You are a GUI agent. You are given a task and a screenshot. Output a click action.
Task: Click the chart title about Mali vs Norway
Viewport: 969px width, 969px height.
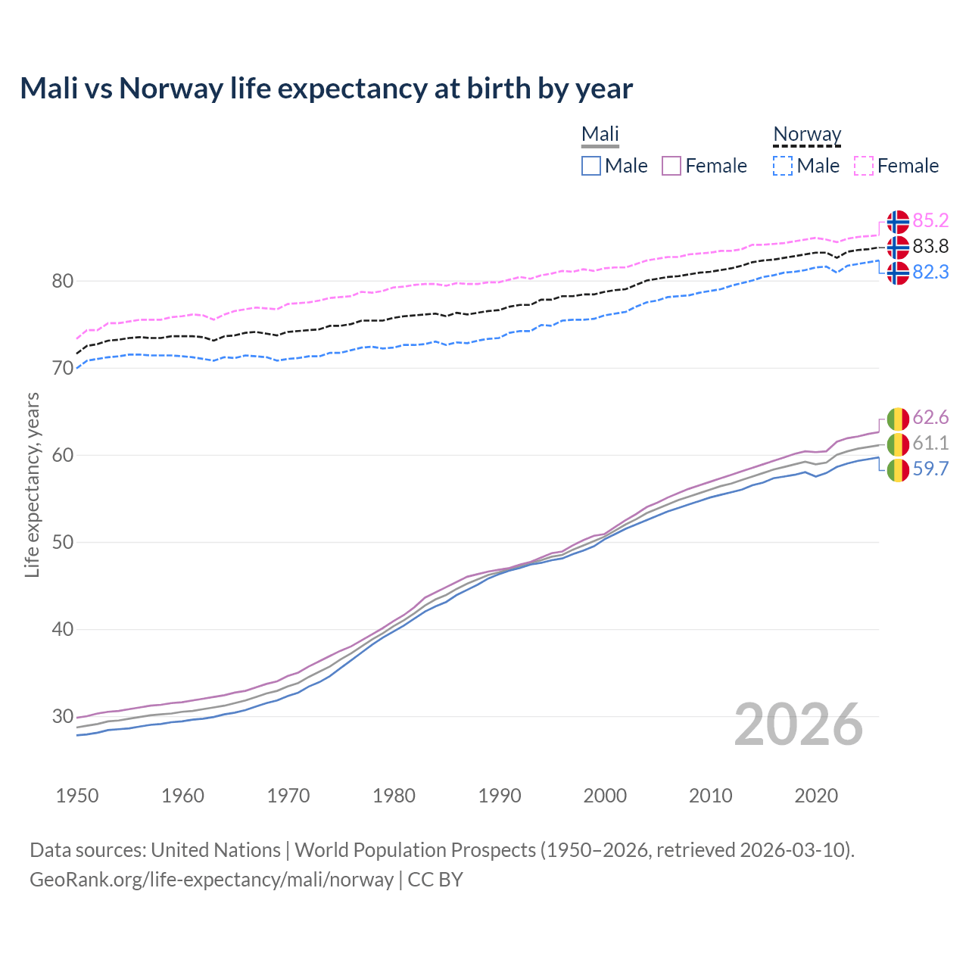pos(326,89)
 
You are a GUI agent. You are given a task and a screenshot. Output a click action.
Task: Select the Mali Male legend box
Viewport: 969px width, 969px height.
pos(591,166)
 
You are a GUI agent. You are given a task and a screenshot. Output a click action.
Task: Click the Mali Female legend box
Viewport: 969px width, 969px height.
pos(671,166)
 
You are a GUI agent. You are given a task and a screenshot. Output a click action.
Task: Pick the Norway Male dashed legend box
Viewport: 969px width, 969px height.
pos(783,166)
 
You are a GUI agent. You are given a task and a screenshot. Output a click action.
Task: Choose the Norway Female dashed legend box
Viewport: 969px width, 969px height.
pos(864,166)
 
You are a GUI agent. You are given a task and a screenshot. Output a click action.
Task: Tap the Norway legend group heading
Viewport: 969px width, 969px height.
pos(807,134)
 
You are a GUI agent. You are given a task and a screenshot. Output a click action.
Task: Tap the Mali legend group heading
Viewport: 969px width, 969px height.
pos(600,134)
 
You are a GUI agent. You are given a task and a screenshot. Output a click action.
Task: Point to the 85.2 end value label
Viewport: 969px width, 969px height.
pos(930,220)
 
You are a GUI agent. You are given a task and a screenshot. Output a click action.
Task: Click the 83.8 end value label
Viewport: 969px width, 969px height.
pos(930,246)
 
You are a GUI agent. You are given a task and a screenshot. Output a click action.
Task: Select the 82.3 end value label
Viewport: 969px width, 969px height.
pos(930,272)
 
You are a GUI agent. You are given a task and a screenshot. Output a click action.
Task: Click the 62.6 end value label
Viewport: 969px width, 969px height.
pos(930,417)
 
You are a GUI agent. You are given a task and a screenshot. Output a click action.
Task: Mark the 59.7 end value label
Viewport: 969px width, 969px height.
pos(930,469)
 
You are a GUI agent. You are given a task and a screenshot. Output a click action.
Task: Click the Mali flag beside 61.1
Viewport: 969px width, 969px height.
pos(898,444)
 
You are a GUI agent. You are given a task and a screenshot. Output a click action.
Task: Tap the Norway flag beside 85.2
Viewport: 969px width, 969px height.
pos(898,222)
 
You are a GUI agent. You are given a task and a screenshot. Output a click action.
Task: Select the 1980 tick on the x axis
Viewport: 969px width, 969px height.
pos(394,796)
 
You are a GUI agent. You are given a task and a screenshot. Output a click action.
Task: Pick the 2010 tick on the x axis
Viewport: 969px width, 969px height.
pos(710,796)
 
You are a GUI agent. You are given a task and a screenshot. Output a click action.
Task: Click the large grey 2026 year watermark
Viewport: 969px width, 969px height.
pos(799,724)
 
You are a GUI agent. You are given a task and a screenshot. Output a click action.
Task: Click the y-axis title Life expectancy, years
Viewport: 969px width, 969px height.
pos(33,484)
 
